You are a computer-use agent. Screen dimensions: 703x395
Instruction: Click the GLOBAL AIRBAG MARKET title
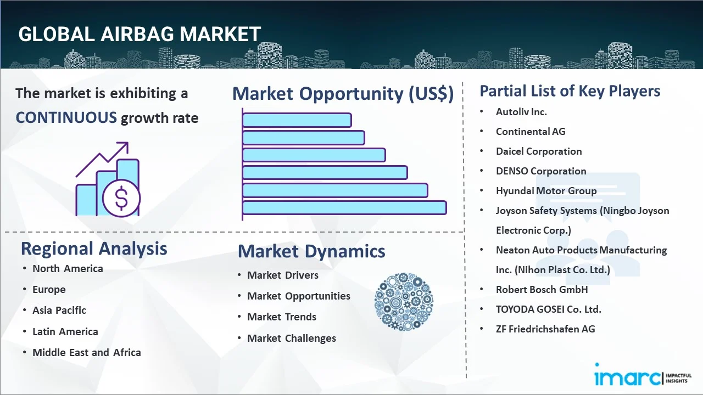140,34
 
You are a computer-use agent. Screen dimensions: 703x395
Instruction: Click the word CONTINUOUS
66,118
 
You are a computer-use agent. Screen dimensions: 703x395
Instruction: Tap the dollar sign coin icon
121,198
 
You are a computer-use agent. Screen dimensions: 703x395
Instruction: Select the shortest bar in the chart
297,120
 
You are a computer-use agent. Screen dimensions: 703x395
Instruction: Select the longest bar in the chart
344,208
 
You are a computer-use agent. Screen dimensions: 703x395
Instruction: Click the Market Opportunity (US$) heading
343,93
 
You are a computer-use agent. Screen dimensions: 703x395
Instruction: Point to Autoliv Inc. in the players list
521,112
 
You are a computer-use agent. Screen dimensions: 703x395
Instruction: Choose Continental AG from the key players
531,132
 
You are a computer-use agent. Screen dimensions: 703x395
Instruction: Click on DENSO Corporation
541,171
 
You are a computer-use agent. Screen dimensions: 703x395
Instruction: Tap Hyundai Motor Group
546,191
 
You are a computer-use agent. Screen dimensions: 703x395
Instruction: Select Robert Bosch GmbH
542,290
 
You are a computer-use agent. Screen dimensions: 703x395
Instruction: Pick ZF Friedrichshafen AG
545,329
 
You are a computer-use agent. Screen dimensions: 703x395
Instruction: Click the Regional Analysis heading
94,249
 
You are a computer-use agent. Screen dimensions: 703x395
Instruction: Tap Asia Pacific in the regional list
59,311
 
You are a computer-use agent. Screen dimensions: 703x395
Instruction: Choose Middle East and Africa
87,352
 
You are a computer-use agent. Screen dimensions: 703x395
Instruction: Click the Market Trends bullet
282,317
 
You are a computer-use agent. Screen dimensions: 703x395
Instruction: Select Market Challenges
292,338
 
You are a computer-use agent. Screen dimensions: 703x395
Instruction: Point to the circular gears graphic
404,302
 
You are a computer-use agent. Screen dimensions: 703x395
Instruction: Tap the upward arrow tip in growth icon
127,143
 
